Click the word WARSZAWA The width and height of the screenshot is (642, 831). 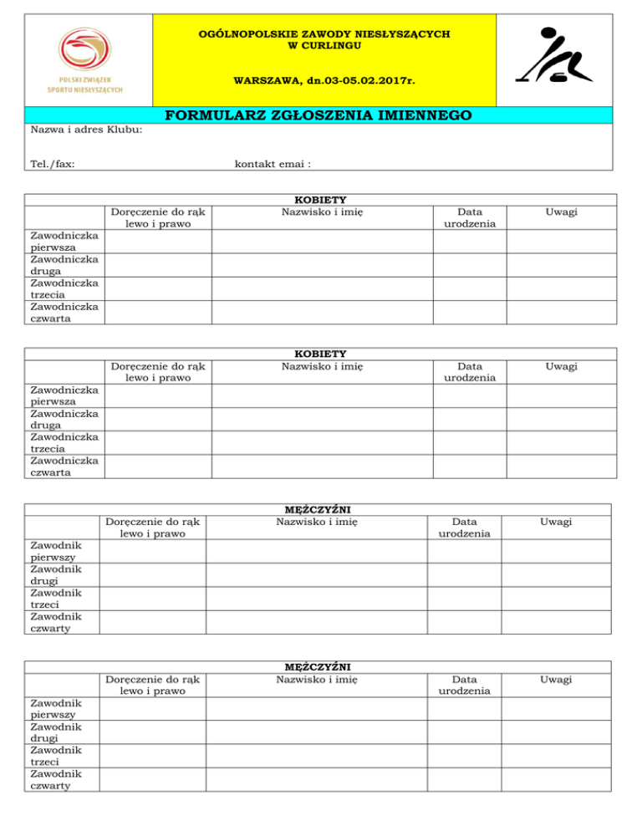[x=264, y=83]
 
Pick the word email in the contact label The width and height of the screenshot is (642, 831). [x=293, y=164]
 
